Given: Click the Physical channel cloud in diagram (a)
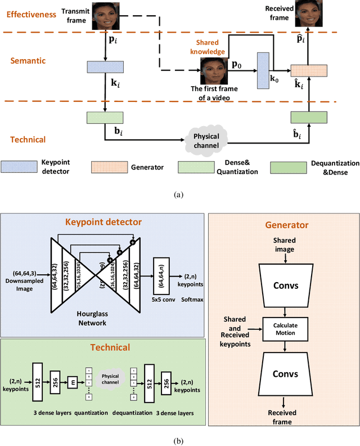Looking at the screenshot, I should pos(206,138).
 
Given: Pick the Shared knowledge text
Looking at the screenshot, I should pos(211,47).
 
